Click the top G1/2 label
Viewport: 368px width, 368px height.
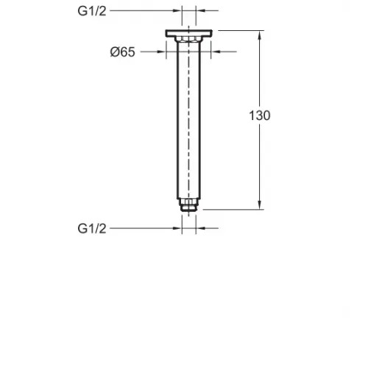92,11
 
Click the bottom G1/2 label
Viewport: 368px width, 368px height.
92,229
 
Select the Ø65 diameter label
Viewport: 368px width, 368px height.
123,52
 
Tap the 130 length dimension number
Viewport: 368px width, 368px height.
260,116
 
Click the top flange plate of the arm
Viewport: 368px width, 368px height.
188,33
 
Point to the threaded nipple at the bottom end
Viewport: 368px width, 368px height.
188,205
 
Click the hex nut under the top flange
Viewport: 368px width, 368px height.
188,40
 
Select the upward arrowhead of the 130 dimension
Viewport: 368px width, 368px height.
260,35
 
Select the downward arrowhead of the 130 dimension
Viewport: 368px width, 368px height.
260,205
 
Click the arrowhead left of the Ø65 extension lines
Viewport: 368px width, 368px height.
162,52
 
